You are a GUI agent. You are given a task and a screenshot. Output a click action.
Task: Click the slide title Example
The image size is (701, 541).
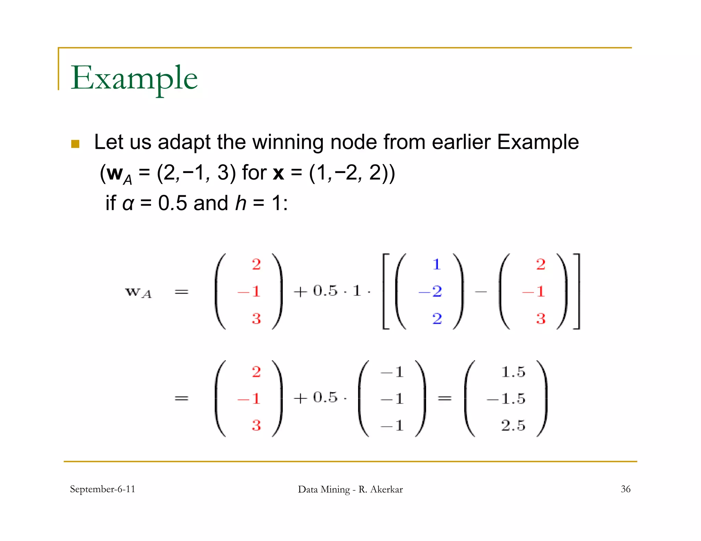(x=134, y=78)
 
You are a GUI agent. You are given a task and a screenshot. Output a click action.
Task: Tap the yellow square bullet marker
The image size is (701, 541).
(x=75, y=144)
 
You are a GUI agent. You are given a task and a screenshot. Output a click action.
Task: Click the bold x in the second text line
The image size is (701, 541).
(x=278, y=173)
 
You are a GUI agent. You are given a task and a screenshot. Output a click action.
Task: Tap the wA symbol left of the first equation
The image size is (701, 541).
(x=138, y=292)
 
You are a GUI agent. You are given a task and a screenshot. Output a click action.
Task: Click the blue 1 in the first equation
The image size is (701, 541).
(x=436, y=264)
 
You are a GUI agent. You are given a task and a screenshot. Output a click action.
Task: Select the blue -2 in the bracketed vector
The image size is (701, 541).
(x=431, y=291)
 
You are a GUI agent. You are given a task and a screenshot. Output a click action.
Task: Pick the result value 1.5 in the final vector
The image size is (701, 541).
(x=513, y=372)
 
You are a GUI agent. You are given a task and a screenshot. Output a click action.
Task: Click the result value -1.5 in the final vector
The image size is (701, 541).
(x=506, y=399)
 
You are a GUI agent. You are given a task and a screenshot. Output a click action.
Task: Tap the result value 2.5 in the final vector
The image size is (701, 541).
(x=513, y=425)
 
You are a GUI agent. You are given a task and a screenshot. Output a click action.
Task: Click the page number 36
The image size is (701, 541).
(x=625, y=489)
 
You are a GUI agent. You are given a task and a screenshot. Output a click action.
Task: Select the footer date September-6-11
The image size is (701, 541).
(x=102, y=489)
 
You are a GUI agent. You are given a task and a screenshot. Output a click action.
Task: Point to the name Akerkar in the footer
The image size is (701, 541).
(x=386, y=489)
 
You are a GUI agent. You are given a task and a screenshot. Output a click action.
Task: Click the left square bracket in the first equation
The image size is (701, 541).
(x=386, y=291)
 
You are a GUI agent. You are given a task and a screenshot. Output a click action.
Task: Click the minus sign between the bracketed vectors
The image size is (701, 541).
(x=481, y=292)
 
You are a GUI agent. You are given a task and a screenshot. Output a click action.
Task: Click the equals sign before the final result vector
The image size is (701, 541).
(x=445, y=398)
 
